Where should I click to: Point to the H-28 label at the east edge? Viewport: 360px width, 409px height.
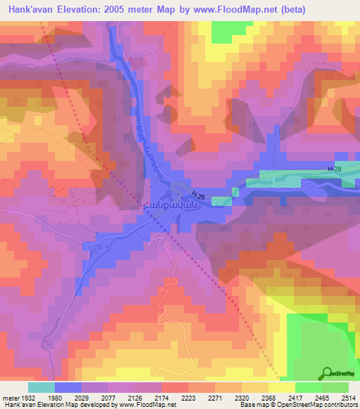(x=336, y=169)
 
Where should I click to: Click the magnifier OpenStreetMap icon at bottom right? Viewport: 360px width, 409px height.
(x=328, y=373)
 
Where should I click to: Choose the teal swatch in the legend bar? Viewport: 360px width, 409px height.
(x=41, y=387)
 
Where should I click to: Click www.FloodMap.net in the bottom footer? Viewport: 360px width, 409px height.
(x=148, y=405)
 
